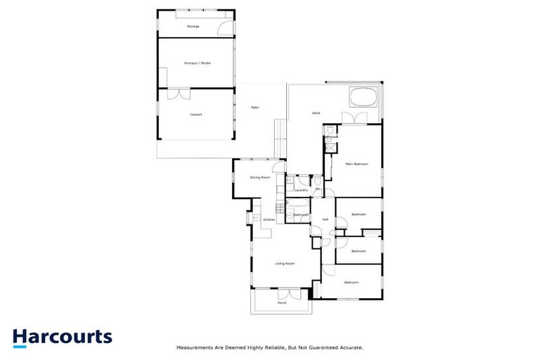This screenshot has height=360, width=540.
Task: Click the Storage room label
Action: click(x=193, y=27)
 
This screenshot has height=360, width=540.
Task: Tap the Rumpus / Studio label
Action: click(x=198, y=63)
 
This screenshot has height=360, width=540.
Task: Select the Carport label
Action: click(x=195, y=115)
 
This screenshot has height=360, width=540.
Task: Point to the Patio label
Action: click(x=255, y=107)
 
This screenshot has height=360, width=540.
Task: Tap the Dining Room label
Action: click(x=260, y=177)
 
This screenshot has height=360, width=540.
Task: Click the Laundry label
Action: click(x=301, y=190)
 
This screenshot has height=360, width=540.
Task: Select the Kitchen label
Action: click(x=269, y=220)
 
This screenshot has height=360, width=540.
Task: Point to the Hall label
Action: click(x=326, y=220)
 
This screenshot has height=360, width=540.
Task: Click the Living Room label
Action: click(x=284, y=264)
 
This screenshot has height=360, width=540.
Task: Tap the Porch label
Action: click(x=282, y=303)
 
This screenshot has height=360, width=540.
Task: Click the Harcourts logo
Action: click(x=62, y=337)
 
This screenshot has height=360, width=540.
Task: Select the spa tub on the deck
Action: click(x=364, y=96)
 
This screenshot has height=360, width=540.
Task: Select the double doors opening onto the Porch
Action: click(x=289, y=295)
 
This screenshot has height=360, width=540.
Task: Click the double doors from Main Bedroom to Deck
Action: click(x=355, y=118)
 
